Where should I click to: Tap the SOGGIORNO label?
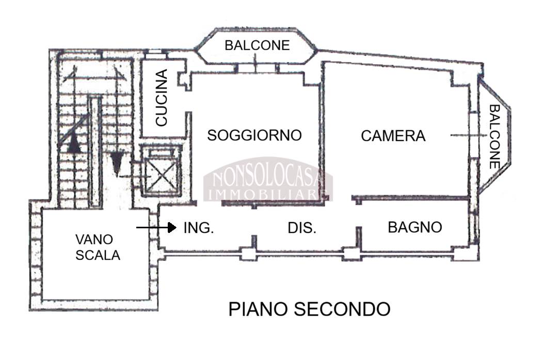pos(254,135)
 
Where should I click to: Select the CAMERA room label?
pos(393,136)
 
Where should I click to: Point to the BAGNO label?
pos(415,227)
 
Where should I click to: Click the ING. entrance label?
pos(199,228)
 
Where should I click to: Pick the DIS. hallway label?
pos(302,228)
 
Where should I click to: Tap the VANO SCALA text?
pos(98,247)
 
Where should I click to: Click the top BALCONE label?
pos(257,45)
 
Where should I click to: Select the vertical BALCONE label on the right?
pos(494,137)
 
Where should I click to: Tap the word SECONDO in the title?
pos(342,309)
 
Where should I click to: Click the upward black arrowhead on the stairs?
pos(75,143)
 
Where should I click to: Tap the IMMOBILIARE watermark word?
pos(268,194)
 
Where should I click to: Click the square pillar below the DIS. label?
pos(249,254)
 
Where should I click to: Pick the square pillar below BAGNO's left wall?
pos(352,254)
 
